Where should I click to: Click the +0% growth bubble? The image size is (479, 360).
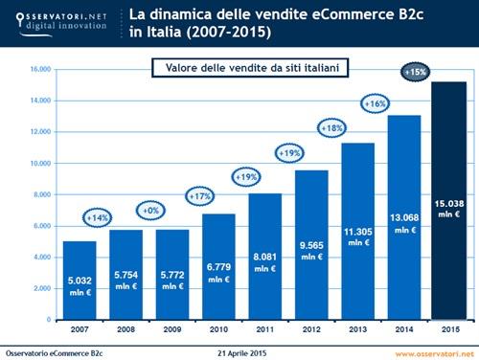(143, 210)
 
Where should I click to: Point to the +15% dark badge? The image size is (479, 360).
(417, 72)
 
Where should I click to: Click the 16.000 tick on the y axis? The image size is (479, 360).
(39, 69)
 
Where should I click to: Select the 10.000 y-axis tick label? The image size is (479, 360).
(39, 163)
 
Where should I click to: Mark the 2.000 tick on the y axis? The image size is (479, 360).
(41, 287)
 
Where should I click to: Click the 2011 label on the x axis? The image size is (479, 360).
(267, 329)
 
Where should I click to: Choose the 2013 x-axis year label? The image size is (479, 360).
(359, 329)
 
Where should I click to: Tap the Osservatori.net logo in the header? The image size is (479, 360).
(57, 20)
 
